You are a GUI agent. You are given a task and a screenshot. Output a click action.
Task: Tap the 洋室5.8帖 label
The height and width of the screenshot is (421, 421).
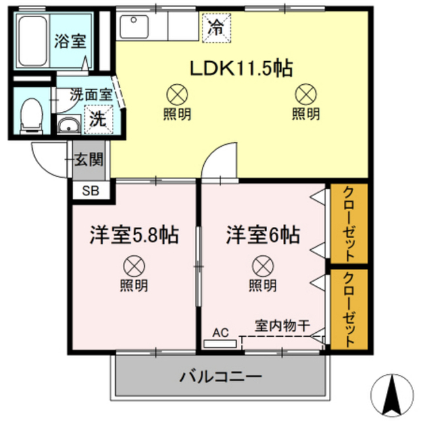click(x=135, y=235)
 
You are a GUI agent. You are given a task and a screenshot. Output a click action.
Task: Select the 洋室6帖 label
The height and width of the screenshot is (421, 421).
click(x=264, y=235)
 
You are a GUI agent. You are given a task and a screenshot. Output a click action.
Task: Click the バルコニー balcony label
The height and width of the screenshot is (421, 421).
click(x=221, y=378)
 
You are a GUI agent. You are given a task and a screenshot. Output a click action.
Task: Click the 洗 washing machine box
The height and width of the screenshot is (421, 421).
click(x=97, y=120)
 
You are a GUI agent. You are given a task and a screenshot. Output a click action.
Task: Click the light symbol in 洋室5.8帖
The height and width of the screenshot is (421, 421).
click(x=134, y=266)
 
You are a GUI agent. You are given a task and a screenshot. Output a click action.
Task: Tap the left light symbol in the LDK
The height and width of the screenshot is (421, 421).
click(x=177, y=93)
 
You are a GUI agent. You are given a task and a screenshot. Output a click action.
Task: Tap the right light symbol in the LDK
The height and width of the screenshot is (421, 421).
click(x=306, y=93)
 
